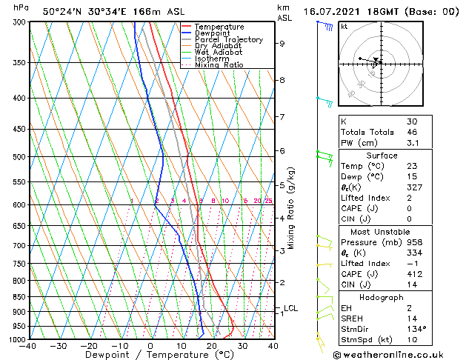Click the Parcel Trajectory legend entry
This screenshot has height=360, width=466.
[x=228, y=40]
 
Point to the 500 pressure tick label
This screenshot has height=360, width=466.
[x=19, y=157]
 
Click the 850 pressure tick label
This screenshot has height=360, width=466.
[x=19, y=297]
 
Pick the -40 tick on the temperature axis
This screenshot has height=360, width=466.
[x=28, y=346]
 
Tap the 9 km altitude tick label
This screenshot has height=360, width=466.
[x=282, y=44]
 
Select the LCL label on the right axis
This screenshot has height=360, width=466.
[x=290, y=308]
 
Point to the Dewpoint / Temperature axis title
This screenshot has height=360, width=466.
[x=151, y=355]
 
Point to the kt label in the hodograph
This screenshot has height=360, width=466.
[x=344, y=26]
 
